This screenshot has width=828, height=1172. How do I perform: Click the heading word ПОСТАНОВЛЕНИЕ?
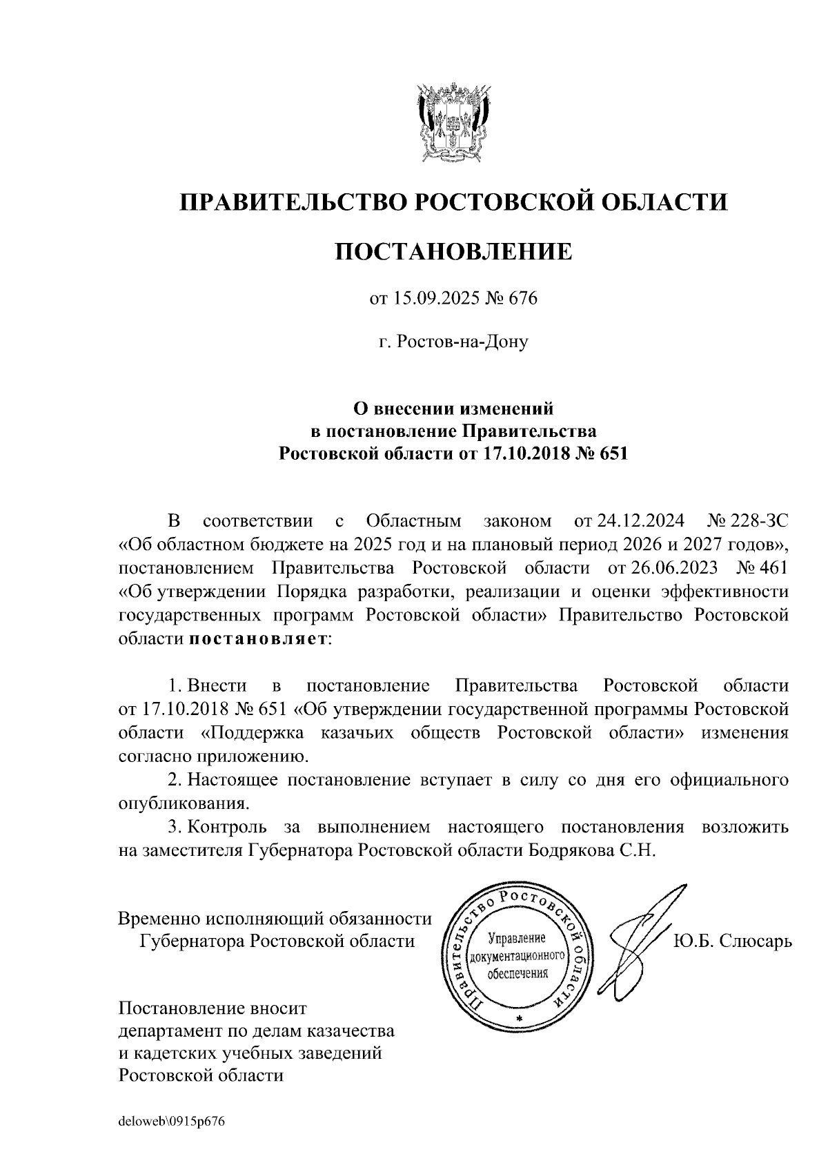pos(453,251)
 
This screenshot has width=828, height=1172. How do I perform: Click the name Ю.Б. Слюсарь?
pos(732,941)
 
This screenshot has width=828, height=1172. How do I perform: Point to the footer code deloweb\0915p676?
pos(172,1122)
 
